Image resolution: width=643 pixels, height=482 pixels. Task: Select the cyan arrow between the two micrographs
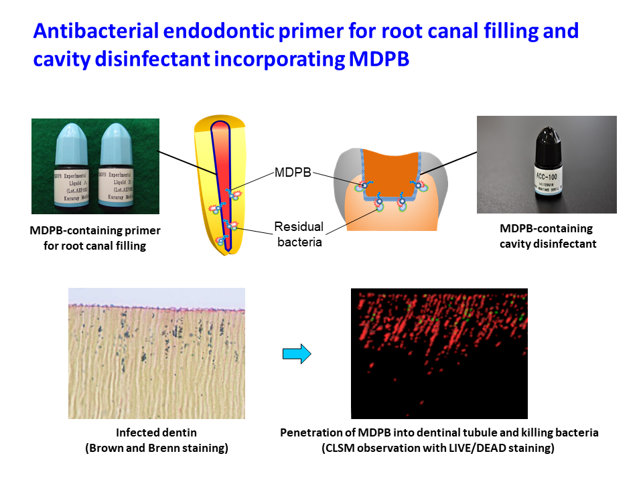coord(297,353)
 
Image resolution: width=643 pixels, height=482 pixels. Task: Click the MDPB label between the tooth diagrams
coord(293,173)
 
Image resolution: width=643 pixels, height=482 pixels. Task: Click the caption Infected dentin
coord(156,432)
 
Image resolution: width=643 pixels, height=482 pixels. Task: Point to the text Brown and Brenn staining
coord(157,449)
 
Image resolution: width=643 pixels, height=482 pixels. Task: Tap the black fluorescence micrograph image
coord(439,353)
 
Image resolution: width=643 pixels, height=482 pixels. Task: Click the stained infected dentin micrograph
coord(156,353)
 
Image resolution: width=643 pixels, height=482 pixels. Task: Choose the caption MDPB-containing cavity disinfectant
coord(547,236)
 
